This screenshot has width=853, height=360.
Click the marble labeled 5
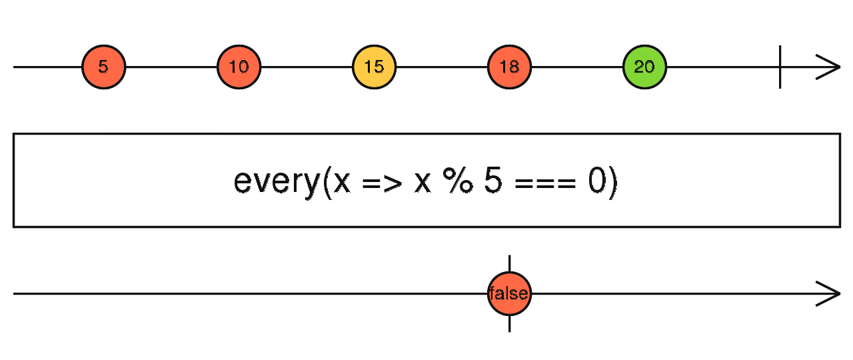pos(103,67)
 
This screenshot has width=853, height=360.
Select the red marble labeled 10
pos(239,67)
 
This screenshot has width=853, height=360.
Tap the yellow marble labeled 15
pos(375,67)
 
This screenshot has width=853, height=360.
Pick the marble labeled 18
pos(510,67)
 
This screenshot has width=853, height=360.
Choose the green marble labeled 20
pos(644,67)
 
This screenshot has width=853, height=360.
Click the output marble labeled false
pos(510,294)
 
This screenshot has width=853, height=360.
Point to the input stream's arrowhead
pos(828,67)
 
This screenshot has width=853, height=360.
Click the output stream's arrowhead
pos(828,294)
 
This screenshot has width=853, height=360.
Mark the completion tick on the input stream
pos(780,67)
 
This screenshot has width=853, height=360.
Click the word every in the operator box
pos(277,183)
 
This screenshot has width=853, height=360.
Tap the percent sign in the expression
pos(458,180)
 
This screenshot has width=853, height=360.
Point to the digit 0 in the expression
pos(598,180)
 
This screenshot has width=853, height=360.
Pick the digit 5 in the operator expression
pos(493,180)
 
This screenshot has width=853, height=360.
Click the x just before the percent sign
pos(423,183)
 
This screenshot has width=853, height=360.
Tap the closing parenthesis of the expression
pos(612,183)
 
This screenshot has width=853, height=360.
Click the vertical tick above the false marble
pos(510,263)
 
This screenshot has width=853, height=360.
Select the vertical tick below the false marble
pos(510,324)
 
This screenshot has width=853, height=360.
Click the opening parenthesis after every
pos(327,183)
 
